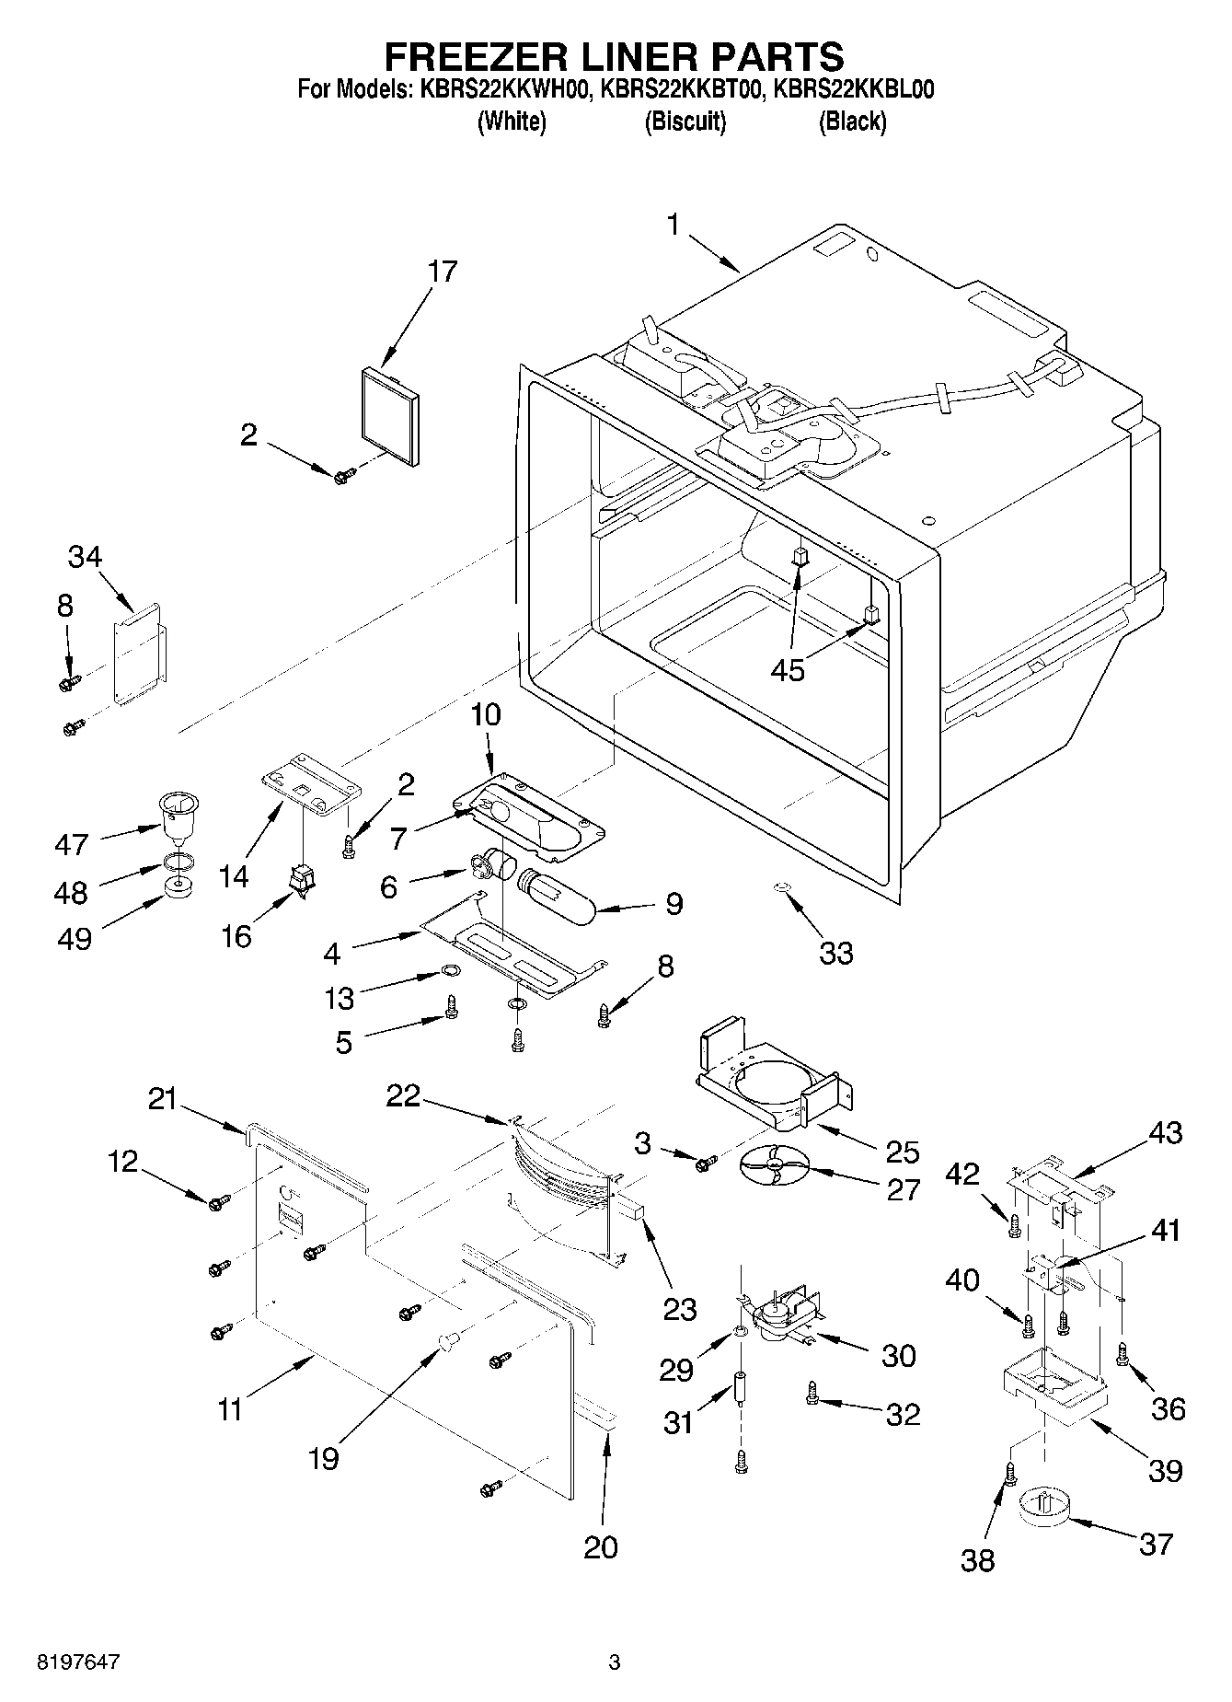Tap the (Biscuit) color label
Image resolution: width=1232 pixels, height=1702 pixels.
[685, 122]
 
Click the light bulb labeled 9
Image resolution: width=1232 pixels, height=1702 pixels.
[558, 894]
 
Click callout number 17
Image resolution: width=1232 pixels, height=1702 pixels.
[443, 272]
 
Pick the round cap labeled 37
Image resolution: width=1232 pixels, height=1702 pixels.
[1043, 1508]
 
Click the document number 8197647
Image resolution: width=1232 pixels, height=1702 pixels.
[77, 1662]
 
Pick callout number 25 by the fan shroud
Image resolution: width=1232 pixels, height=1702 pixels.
[902, 1152]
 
